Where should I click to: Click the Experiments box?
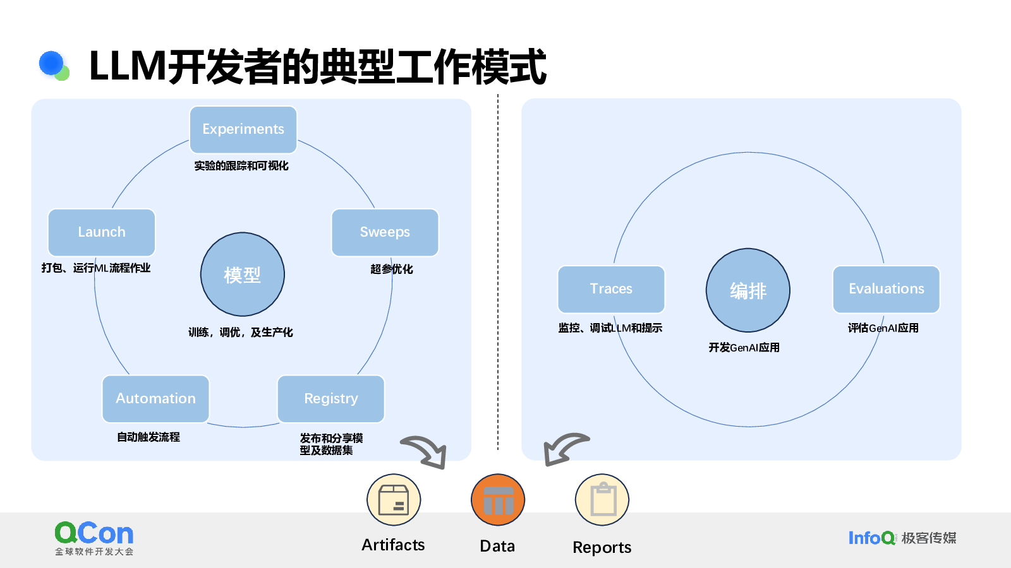point(243,130)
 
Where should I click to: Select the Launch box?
point(102,232)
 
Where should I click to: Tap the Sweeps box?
point(385,232)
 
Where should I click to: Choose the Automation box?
point(155,399)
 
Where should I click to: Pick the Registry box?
point(331,399)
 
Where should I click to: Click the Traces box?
point(611,290)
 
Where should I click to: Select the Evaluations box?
point(887,290)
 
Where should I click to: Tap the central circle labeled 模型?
point(243,274)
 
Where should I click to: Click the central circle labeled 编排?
point(748,290)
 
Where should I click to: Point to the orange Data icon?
point(498,499)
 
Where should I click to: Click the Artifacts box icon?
point(394,499)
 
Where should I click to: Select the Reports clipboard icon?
point(602,499)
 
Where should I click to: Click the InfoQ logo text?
point(871,538)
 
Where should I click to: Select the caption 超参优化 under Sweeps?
point(391,269)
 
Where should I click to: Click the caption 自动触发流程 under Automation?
point(148,437)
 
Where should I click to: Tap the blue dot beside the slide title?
point(51,63)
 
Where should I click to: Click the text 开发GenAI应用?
point(744,348)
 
